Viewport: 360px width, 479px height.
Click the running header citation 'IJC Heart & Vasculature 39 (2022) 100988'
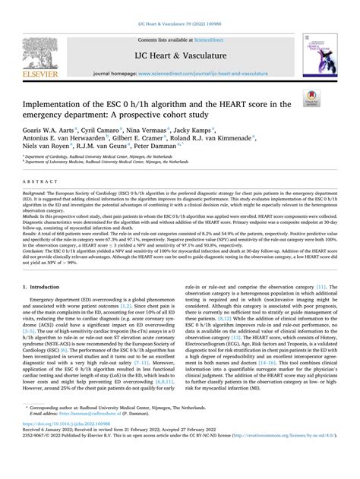(x=180, y=6)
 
